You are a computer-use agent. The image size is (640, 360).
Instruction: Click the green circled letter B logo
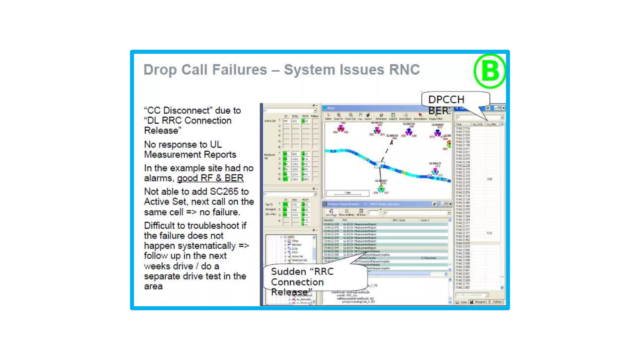489,71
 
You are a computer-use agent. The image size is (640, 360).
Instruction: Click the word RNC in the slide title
404,70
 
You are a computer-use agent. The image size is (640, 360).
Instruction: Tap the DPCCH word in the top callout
446,100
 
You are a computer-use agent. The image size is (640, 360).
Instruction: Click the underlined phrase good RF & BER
210,178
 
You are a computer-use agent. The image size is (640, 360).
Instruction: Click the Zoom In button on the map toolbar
338,116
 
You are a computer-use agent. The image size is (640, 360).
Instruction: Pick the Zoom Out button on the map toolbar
350,116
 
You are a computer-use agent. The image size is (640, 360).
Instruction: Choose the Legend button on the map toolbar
393,116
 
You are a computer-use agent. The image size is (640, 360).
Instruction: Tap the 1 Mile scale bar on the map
347,193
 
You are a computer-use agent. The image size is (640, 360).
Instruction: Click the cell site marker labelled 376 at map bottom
381,188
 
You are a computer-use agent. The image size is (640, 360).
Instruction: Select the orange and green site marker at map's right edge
449,144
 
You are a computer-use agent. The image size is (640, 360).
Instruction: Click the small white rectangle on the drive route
379,165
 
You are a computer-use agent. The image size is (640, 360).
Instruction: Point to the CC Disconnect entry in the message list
428,258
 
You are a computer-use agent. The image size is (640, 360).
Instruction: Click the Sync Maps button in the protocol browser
331,212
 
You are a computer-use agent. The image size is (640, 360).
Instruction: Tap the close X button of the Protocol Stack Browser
450,204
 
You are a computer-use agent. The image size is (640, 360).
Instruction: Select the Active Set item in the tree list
297,256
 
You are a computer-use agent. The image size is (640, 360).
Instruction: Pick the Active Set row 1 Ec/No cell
295,121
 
